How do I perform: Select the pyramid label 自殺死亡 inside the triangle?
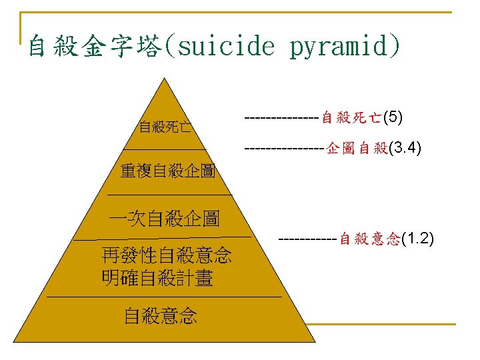coord(165,127)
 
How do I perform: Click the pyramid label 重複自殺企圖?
coord(167,171)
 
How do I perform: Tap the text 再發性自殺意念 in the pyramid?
coord(166,255)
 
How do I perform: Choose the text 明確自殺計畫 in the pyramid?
coord(157,278)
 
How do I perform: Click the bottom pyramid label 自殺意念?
coord(161,316)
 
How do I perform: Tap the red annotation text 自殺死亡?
coord(351,119)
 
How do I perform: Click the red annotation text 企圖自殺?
coord(357,149)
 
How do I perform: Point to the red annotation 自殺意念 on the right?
coord(370,239)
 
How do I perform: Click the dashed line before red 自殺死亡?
coord(282,119)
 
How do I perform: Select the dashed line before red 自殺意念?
coord(308,239)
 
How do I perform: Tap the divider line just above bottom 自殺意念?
coord(163,295)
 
